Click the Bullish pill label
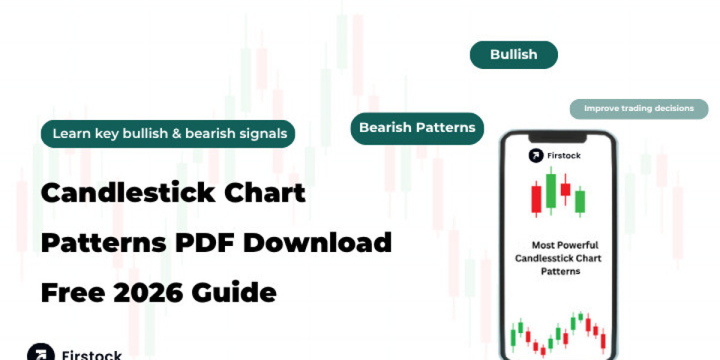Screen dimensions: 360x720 (x=514, y=55)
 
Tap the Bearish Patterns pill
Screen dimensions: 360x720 (x=417, y=128)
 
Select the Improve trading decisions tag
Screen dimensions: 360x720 (x=638, y=109)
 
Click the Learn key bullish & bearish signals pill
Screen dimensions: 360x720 (x=168, y=134)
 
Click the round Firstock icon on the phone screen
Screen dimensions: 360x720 (x=536, y=155)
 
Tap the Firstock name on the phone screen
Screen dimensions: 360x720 (x=564, y=155)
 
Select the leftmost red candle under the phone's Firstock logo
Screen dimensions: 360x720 (x=536, y=200)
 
